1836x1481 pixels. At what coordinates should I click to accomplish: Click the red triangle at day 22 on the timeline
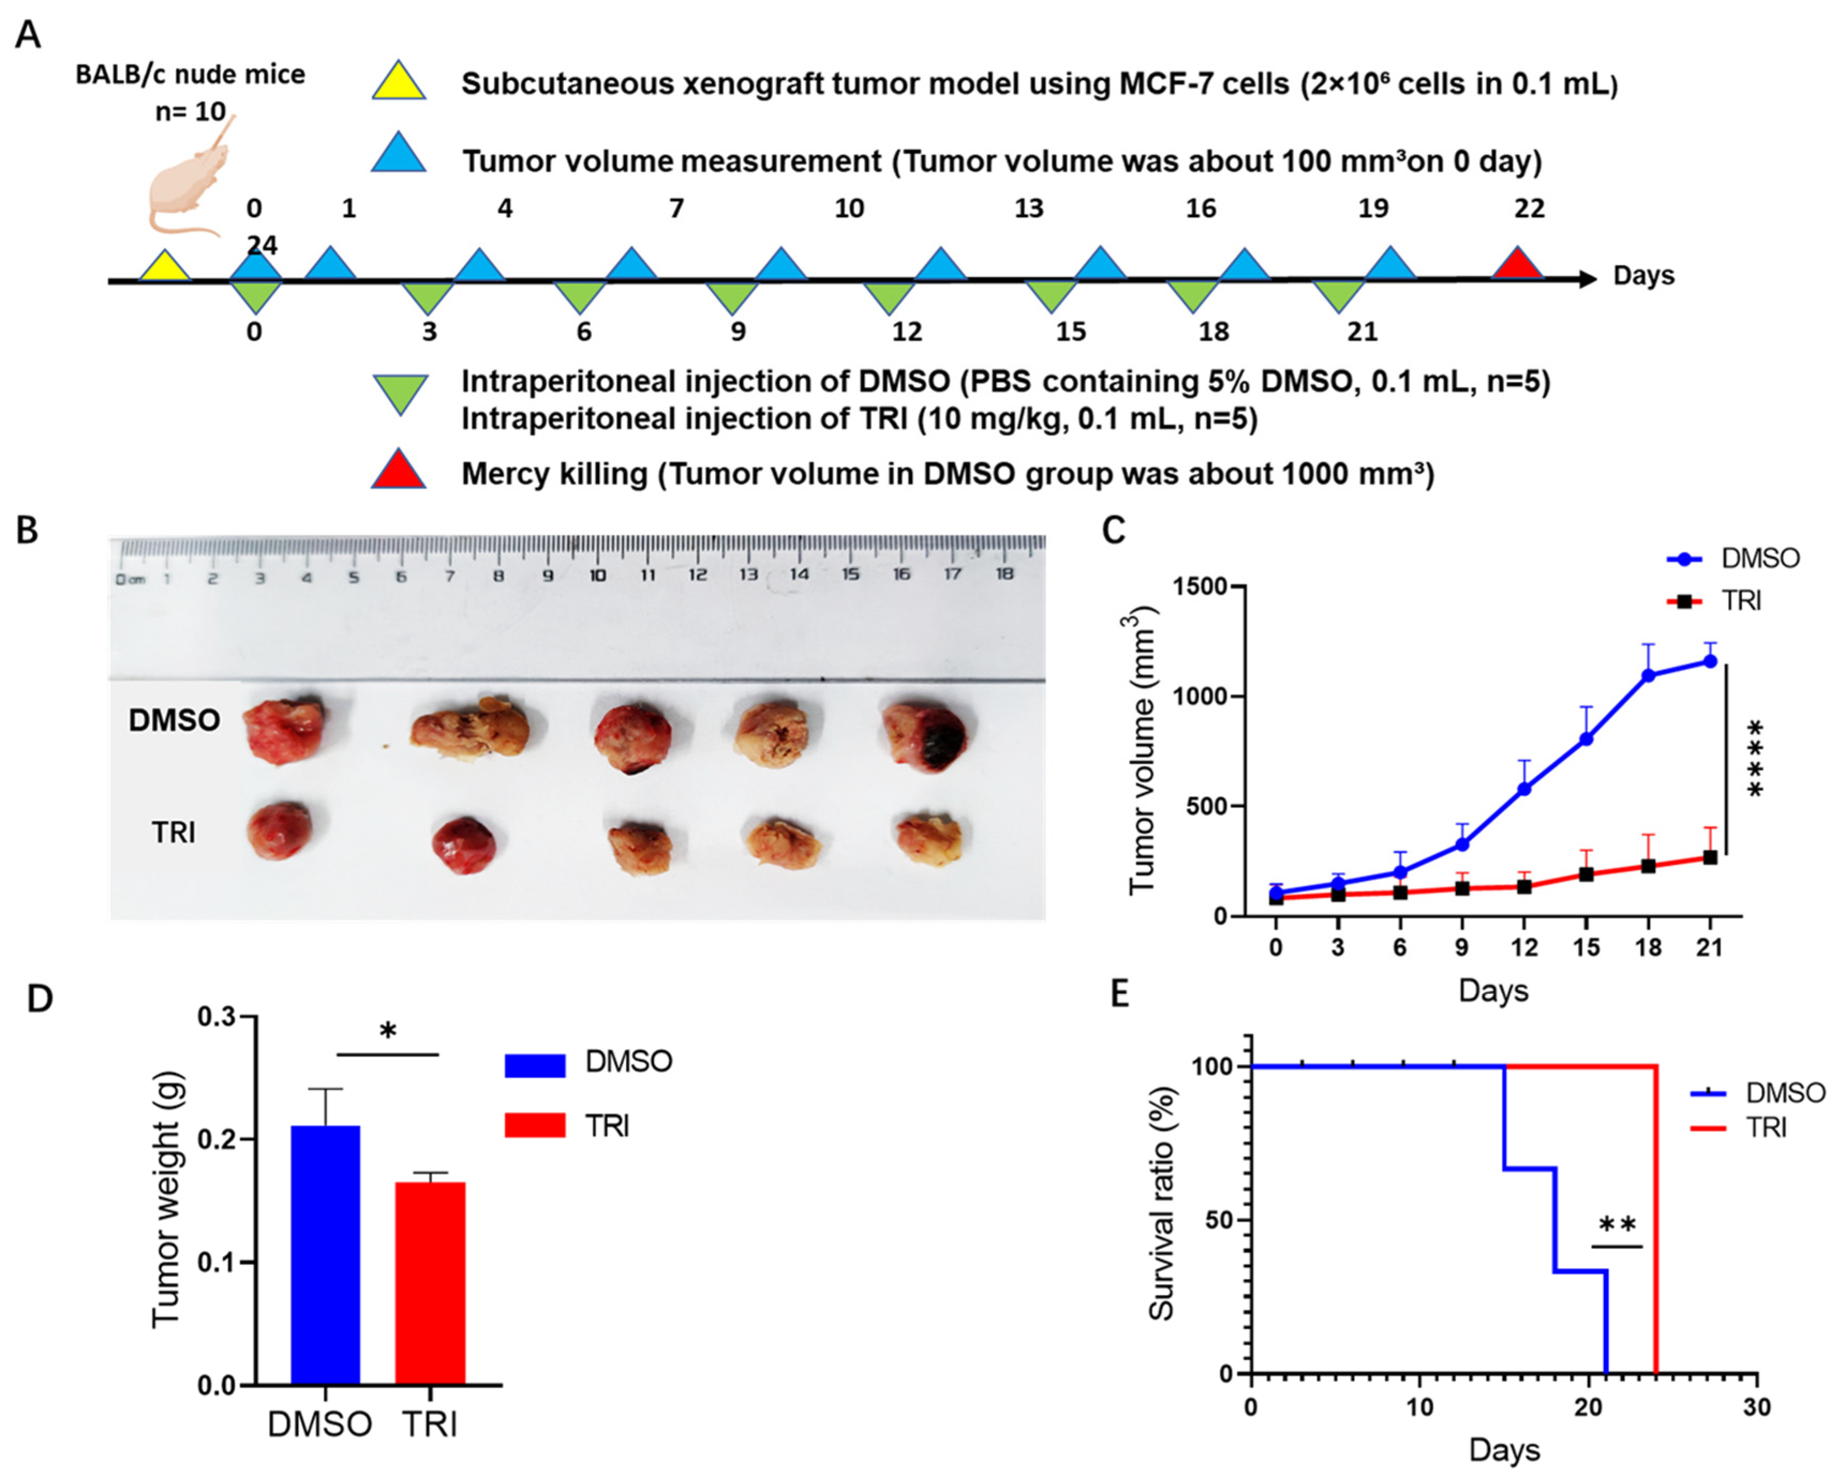[1517, 265]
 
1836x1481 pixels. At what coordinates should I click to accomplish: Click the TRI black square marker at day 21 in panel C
[1710, 857]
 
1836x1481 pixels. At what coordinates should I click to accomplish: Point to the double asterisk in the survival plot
[1617, 1226]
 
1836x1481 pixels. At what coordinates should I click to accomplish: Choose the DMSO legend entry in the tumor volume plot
[1734, 559]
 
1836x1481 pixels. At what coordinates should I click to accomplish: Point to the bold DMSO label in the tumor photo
[174, 721]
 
